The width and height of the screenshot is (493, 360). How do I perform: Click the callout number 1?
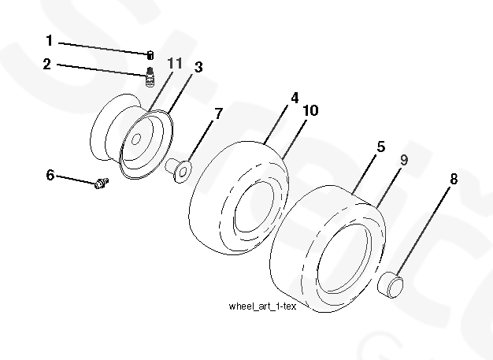pyautogui.click(x=48, y=40)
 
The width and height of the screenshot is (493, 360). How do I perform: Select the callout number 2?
pyautogui.click(x=48, y=64)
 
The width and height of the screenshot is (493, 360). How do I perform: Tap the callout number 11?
pyautogui.click(x=175, y=62)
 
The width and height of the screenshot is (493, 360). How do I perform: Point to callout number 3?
pyautogui.click(x=199, y=68)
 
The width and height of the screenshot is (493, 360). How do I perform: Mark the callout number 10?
pyautogui.click(x=310, y=111)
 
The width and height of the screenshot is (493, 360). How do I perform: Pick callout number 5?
pyautogui.click(x=380, y=147)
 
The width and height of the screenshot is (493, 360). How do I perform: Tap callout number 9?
pyautogui.click(x=403, y=159)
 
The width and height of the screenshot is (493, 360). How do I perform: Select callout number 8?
pyautogui.click(x=453, y=179)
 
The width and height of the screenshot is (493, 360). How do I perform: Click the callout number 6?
pyautogui.click(x=50, y=174)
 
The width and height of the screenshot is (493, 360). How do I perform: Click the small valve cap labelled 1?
pyautogui.click(x=150, y=54)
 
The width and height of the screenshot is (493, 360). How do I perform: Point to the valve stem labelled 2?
pyautogui.click(x=149, y=77)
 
